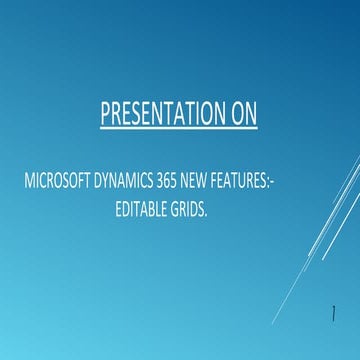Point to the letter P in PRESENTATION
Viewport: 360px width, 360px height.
(105, 114)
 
